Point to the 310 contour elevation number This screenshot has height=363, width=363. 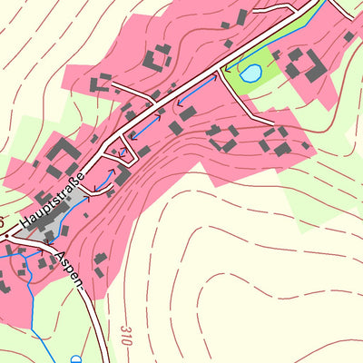click(x=123, y=326)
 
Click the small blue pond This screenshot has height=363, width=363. click(x=250, y=72)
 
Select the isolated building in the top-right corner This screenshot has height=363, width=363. click(x=348, y=37)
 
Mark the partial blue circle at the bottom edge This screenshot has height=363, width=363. click(x=75, y=359)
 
